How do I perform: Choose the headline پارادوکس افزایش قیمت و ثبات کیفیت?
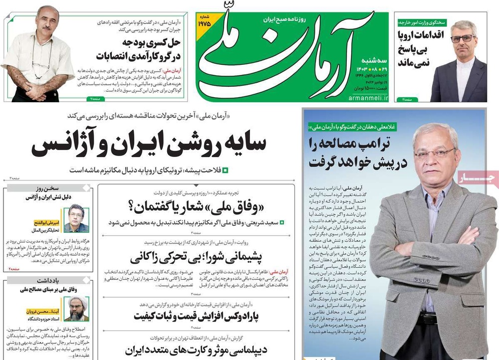[197, 315]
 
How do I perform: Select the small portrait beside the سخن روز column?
[76, 218]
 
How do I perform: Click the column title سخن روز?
[59, 189]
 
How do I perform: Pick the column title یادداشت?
[58, 281]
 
